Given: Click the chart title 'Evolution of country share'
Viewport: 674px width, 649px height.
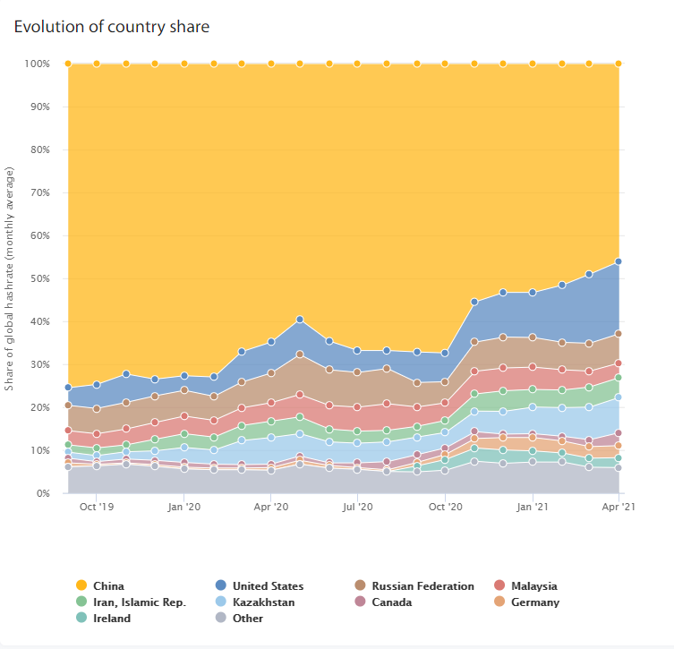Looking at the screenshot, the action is point(112,27).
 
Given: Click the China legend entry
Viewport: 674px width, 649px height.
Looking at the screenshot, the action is point(100,585).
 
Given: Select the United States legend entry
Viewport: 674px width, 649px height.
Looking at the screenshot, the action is point(260,585).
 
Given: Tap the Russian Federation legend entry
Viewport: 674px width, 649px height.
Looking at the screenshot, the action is point(414,585).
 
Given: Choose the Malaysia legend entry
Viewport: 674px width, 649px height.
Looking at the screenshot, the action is point(525,585).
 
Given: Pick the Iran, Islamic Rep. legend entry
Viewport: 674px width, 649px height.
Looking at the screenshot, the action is point(131,602).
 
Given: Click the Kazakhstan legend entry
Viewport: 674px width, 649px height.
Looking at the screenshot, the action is point(255,602).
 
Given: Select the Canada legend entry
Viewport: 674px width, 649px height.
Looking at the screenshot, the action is point(383,602).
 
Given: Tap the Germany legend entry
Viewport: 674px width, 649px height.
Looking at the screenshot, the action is point(526,602).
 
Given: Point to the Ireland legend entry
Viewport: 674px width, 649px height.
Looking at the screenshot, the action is point(103,618).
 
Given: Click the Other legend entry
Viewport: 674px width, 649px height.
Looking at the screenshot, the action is point(239,618).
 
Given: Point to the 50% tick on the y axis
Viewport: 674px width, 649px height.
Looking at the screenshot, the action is point(40,278).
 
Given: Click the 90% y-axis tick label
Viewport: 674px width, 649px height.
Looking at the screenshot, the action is point(40,107).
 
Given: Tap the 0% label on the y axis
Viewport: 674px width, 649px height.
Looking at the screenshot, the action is point(43,493).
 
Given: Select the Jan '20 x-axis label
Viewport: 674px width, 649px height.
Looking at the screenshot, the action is point(184,507).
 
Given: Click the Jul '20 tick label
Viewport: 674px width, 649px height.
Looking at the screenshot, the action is point(357,507).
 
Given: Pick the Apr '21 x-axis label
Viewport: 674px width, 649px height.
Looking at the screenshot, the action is point(619,507).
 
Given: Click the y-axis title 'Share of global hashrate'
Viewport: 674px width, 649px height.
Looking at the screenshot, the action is point(9,278).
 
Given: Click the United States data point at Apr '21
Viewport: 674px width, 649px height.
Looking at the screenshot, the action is point(619,261).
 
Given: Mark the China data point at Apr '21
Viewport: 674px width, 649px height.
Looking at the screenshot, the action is point(619,64).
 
